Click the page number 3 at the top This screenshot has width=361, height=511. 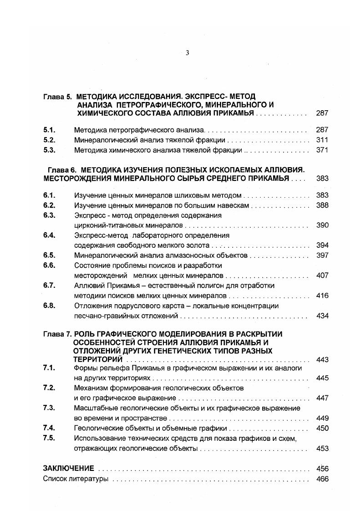[x=187, y=53]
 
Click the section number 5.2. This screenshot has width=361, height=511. [x=49, y=140]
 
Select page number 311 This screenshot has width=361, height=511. [x=322, y=140]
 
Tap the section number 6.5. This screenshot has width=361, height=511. [x=49, y=255]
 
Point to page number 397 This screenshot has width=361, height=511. [x=322, y=255]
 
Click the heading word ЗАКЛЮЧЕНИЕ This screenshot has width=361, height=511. [x=68, y=468]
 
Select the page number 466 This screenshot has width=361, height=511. [x=322, y=479]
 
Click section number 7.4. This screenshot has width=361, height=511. [x=49, y=428]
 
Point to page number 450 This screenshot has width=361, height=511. [x=322, y=428]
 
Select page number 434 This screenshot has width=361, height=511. [x=322, y=316]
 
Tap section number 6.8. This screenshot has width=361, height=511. [x=49, y=306]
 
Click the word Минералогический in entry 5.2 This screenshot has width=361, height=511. [x=102, y=140]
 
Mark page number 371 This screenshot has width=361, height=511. [x=322, y=150]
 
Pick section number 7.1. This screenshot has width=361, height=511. [x=49, y=368]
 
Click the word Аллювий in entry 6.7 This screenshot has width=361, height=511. [x=87, y=286]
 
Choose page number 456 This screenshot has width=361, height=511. [x=322, y=468]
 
